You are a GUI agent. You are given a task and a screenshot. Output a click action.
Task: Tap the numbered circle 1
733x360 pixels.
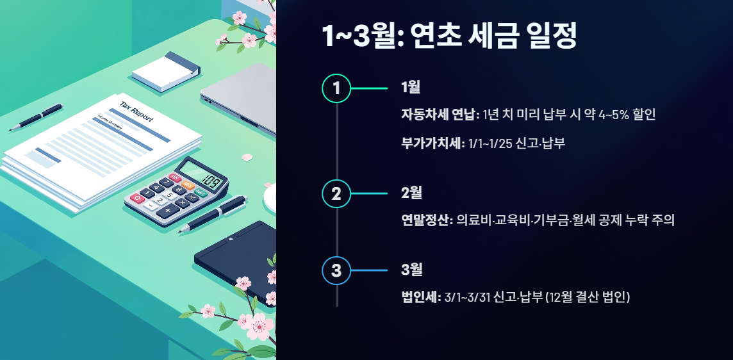[336, 88]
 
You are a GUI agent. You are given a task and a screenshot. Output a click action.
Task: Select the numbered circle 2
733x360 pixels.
[336, 193]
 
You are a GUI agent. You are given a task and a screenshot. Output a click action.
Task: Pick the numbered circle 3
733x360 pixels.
[336, 270]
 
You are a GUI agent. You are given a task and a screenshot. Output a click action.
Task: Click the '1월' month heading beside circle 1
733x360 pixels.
[410, 88]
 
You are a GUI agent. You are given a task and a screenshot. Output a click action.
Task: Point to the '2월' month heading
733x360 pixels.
[411, 193]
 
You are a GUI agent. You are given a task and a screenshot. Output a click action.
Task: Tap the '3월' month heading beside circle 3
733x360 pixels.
[411, 270]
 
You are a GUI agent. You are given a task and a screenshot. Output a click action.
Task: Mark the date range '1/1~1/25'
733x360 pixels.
[495, 143]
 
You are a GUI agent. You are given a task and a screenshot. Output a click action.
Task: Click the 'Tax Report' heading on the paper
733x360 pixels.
[136, 110]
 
